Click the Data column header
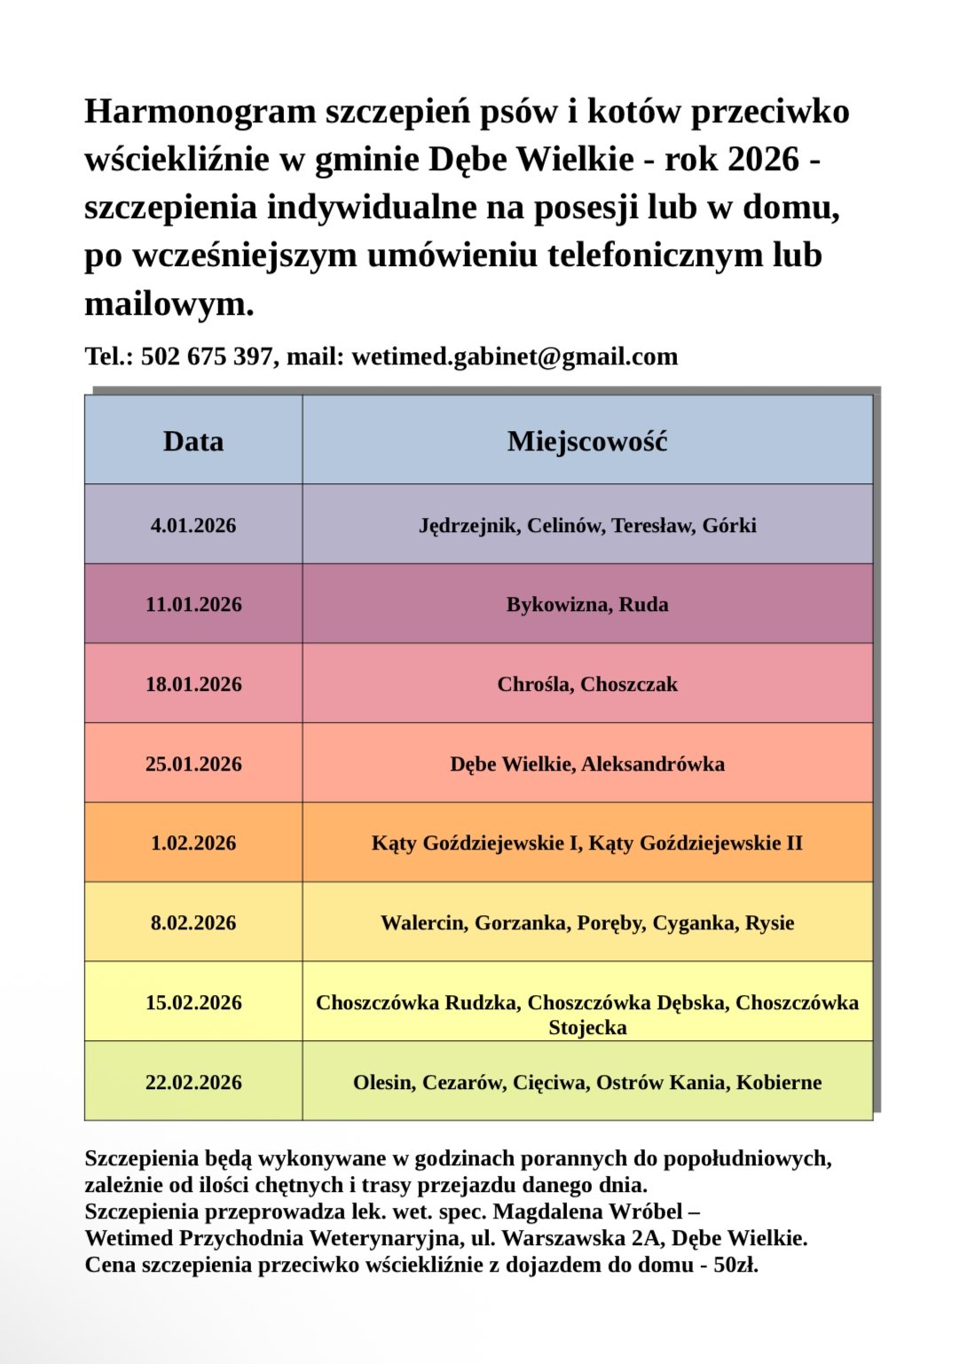pyautogui.click(x=193, y=442)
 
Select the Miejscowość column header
pyautogui.click(x=586, y=442)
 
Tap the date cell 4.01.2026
pyautogui.click(x=193, y=525)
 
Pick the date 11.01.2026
pyautogui.click(x=193, y=605)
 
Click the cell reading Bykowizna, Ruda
pyautogui.click(x=586, y=605)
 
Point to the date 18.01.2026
pyautogui.click(x=193, y=685)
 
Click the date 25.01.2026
pyautogui.click(x=193, y=764)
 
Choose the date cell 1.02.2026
pyautogui.click(x=193, y=843)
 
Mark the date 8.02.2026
pyautogui.click(x=193, y=923)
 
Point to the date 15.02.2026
pyautogui.click(x=193, y=1003)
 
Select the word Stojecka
pyautogui.click(x=587, y=1028)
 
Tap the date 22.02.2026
pyautogui.click(x=193, y=1083)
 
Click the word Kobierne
pyautogui.click(x=778, y=1083)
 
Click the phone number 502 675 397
pyautogui.click(x=207, y=357)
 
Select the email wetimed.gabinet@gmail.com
pyautogui.click(x=515, y=357)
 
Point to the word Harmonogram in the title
pyautogui.click(x=200, y=112)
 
